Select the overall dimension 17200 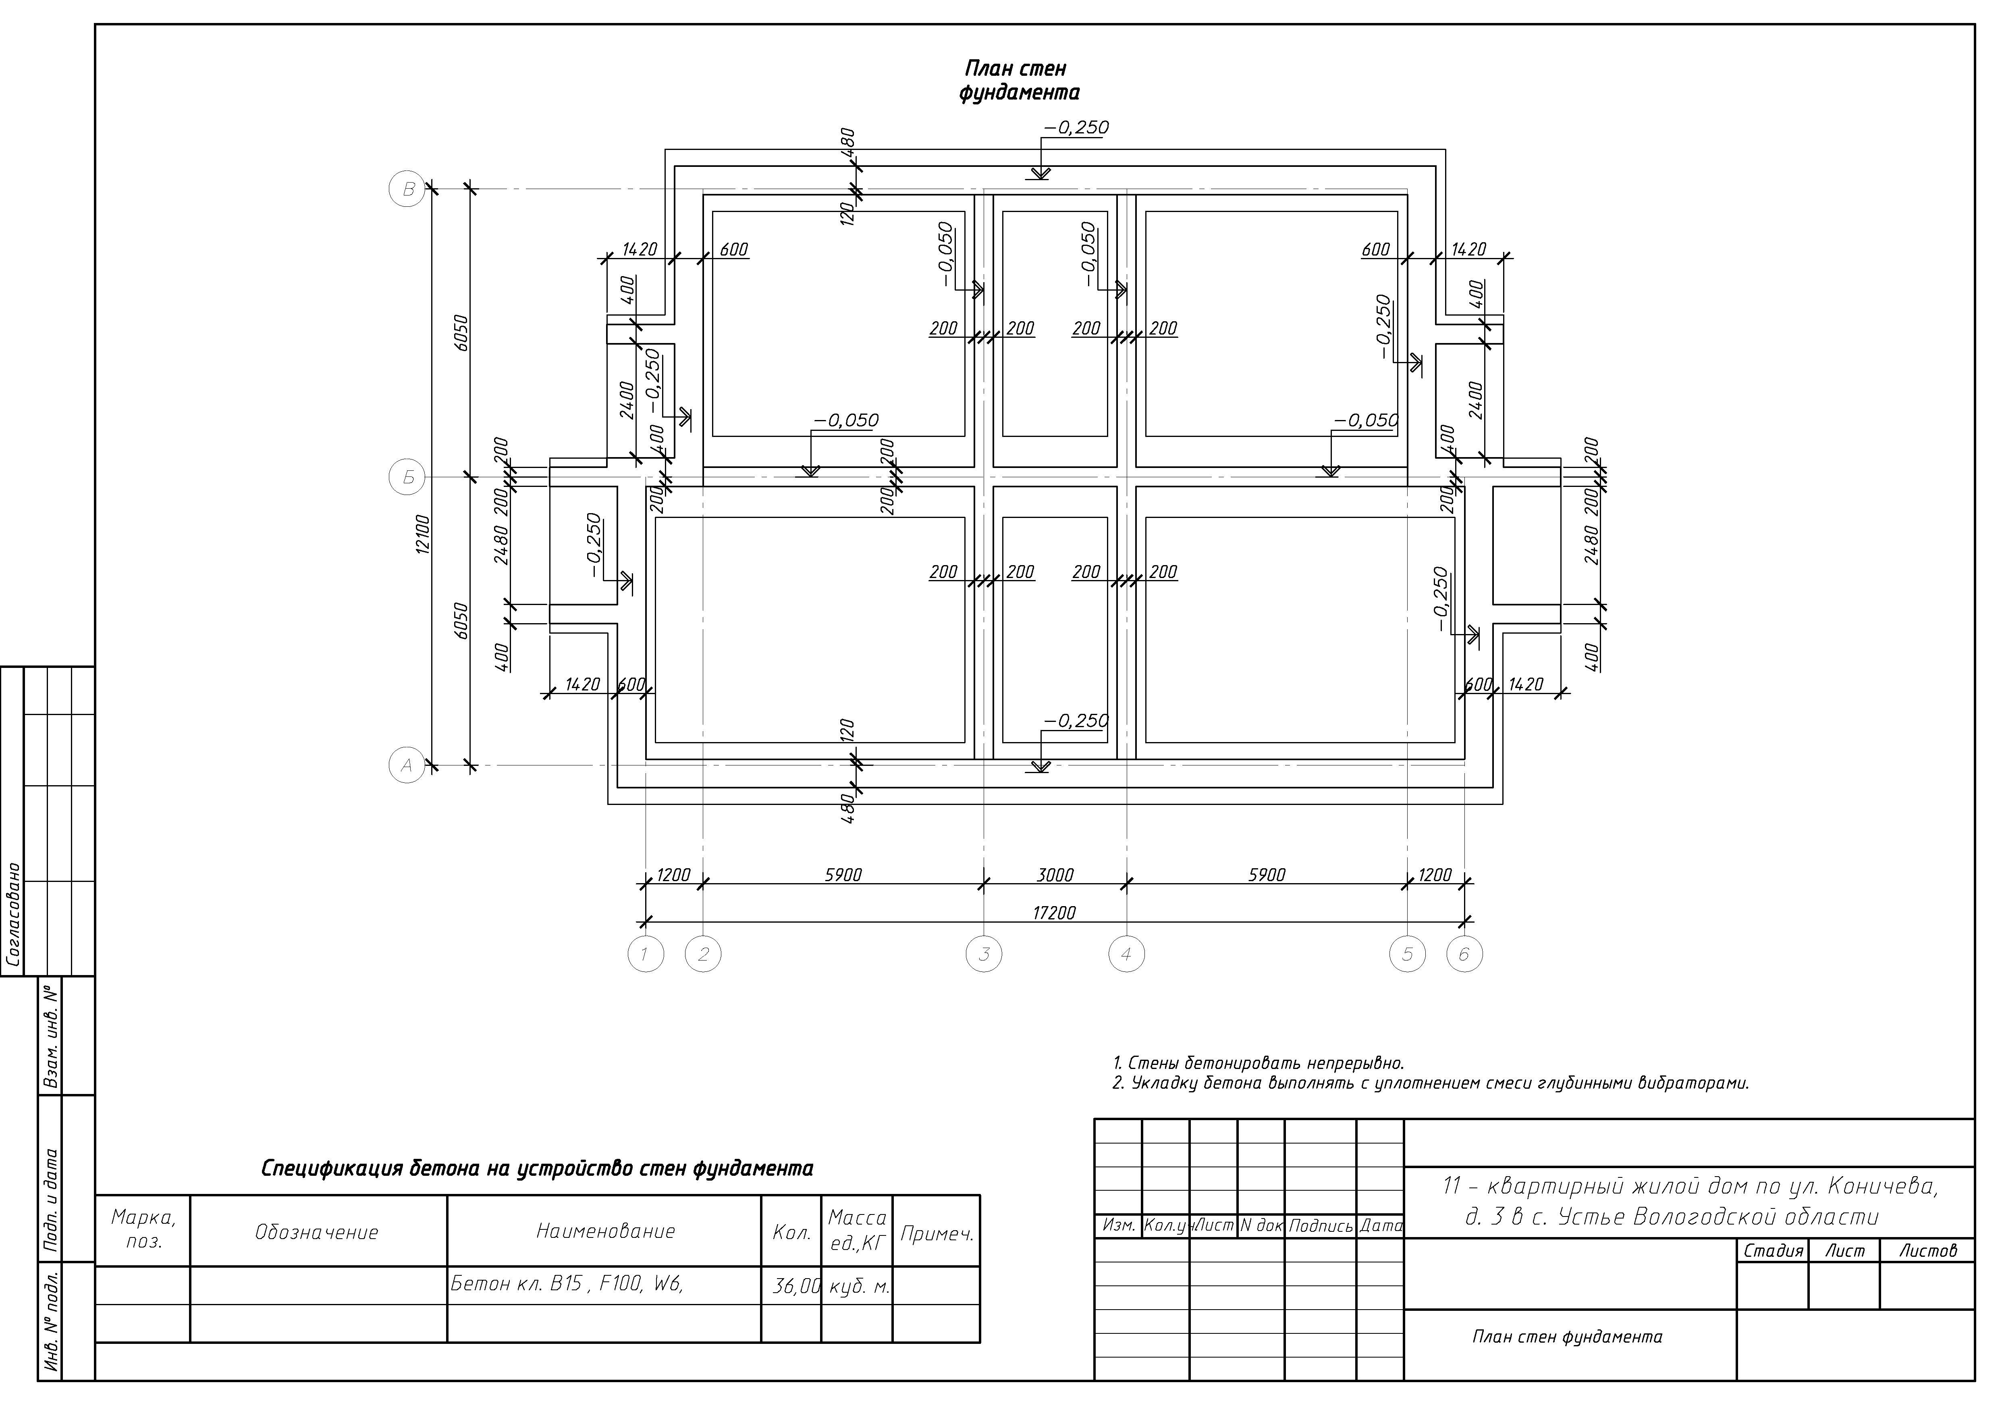pos(1054,913)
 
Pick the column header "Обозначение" pos(317,1232)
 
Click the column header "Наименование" pos(605,1231)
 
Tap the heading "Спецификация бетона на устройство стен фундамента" pos(538,1169)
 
